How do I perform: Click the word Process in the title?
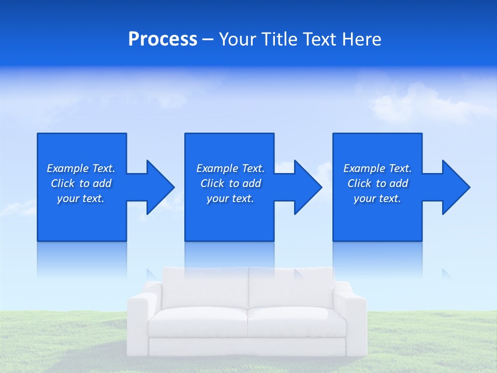click(x=163, y=39)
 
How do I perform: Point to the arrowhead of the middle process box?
click(x=306, y=187)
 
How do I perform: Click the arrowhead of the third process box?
click(x=455, y=187)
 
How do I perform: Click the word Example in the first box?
click(x=67, y=168)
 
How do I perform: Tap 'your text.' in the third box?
click(x=377, y=198)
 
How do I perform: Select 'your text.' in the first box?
click(x=81, y=198)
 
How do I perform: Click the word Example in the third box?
click(x=364, y=168)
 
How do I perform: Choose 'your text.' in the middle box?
click(x=230, y=198)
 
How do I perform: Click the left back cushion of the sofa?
click(x=206, y=288)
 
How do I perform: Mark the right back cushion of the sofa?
click(x=291, y=288)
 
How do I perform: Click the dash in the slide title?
click(x=208, y=39)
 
